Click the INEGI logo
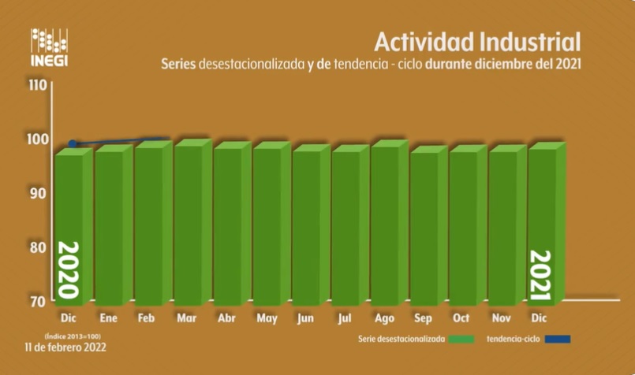pos(49,49)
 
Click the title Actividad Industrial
pos(477,41)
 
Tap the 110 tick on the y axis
pos(38,85)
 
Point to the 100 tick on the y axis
pos(38,139)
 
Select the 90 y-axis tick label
pos(39,192)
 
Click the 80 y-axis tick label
pos(39,247)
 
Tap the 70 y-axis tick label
pos(39,301)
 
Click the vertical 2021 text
pos(540,276)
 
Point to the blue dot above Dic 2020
pos(73,144)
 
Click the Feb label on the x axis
pos(147,319)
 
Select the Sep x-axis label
pos(423,319)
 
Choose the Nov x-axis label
pos(502,319)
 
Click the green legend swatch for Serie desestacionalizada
pos(461,340)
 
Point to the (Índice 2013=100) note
pos(67,335)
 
